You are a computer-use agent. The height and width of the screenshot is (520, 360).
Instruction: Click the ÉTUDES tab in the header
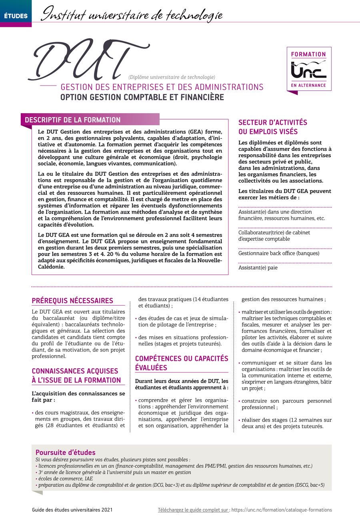coord(16,16)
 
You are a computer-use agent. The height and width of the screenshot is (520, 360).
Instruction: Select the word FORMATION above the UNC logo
coord(309,54)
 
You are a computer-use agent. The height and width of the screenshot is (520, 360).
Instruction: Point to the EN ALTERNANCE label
coord(309,86)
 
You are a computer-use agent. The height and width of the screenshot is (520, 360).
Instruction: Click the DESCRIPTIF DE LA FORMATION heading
coord(73,120)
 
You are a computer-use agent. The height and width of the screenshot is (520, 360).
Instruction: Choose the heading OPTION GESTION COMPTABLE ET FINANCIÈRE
coord(142,97)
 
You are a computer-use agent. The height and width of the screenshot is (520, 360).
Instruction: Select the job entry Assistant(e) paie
coord(258,268)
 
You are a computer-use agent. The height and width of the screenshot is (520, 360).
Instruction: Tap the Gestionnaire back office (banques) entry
coord(279,253)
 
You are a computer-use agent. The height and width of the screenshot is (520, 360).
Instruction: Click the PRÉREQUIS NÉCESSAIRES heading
coord(72,301)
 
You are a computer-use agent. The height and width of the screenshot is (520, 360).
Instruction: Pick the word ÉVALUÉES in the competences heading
coord(151,368)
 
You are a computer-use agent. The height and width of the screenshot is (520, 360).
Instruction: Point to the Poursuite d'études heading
coord(66,452)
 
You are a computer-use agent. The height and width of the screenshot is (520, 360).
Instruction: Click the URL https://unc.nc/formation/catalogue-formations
coord(282,510)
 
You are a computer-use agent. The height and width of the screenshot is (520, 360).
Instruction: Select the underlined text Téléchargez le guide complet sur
coord(194,510)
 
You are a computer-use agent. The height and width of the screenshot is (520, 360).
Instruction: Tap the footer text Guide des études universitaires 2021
coord(72,510)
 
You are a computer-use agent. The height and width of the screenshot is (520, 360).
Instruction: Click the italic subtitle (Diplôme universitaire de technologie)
coord(172,77)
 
